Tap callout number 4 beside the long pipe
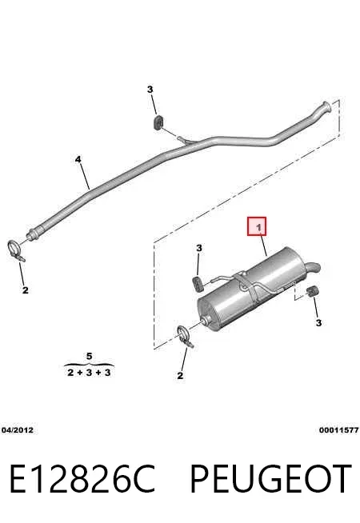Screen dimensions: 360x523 (x=78, y=159)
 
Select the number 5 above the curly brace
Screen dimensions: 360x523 (x=89, y=356)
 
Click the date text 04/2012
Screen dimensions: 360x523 (x=18, y=430)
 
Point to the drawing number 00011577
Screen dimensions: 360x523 (x=338, y=430)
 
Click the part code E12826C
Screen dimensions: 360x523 (x=82, y=478)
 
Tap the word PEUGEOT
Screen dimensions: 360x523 (x=270, y=478)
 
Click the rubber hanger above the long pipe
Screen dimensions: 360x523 (x=158, y=123)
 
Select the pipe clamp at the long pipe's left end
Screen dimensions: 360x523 (x=15, y=250)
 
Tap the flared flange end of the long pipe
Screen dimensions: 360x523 (x=326, y=108)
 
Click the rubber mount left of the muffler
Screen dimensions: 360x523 (x=198, y=284)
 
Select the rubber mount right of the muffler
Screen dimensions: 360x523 (x=312, y=291)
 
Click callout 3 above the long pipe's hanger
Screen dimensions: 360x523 (x=150, y=90)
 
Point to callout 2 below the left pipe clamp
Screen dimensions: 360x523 (x=26, y=290)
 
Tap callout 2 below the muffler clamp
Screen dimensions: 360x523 (x=180, y=376)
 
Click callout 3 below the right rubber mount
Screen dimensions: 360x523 (x=318, y=323)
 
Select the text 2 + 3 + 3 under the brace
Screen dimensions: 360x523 (x=89, y=373)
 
